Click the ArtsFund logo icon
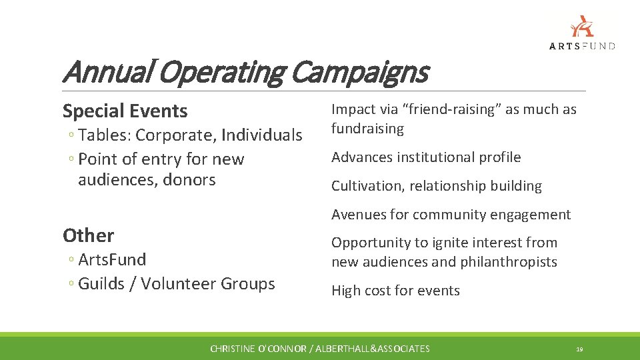click(581, 27)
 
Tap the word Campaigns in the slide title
click(359, 72)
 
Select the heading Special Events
click(125, 111)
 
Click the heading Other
click(88, 235)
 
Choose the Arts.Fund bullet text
click(112, 259)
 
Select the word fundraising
click(367, 129)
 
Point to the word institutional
click(438, 157)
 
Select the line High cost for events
click(395, 291)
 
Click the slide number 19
click(580, 349)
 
